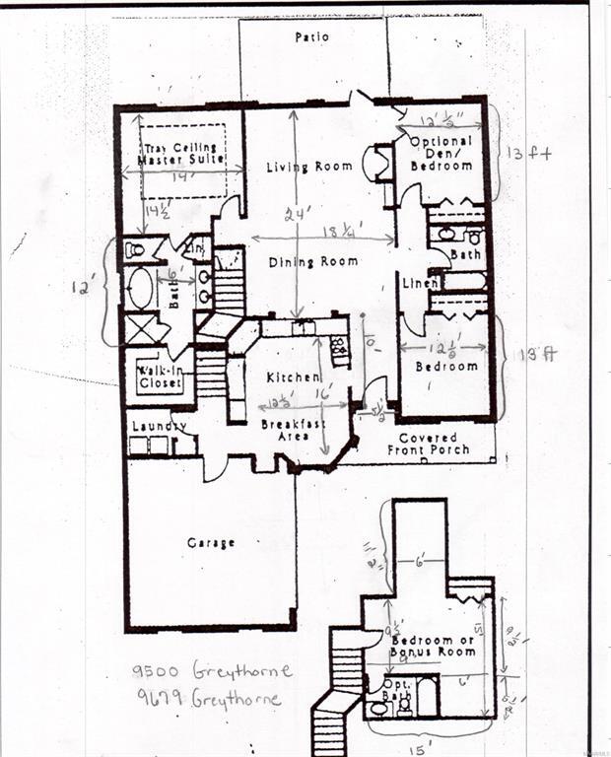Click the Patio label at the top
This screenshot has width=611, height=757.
(x=311, y=37)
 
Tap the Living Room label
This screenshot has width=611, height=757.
(x=308, y=168)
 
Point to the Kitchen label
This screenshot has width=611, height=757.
(x=293, y=378)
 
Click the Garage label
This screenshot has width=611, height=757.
(x=211, y=543)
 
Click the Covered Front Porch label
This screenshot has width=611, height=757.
(x=434, y=445)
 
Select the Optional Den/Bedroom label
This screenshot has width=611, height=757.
(x=442, y=154)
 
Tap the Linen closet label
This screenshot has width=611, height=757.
(x=420, y=284)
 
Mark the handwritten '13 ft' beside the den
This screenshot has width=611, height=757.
(x=529, y=154)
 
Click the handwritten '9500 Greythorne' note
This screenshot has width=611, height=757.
(x=212, y=671)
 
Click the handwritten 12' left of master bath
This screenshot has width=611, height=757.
(x=81, y=289)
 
